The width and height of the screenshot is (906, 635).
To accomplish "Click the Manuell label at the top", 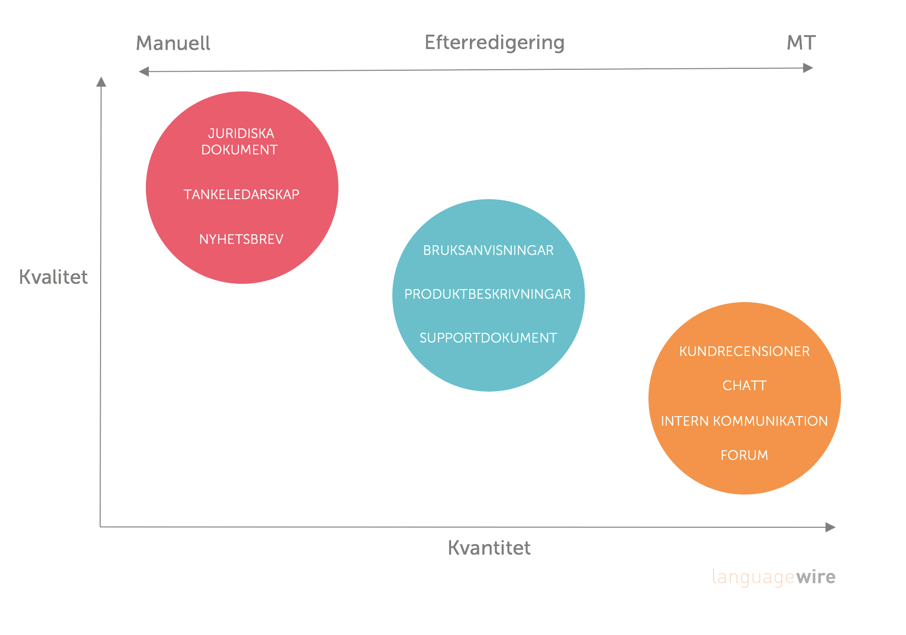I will click(173, 43).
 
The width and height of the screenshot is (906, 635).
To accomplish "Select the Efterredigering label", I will click(494, 43).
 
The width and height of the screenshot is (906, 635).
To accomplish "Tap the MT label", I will click(801, 43).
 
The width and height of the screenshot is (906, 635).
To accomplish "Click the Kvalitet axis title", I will click(53, 277).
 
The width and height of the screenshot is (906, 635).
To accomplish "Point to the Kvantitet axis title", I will click(489, 548).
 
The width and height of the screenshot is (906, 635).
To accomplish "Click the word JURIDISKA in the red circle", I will click(241, 133).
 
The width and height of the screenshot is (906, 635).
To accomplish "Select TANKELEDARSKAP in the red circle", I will click(241, 194).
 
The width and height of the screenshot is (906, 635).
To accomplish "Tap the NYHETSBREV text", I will click(241, 239).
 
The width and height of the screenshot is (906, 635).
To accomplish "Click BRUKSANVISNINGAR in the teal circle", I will click(488, 250).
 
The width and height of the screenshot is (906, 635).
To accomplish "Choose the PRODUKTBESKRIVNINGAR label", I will click(488, 294).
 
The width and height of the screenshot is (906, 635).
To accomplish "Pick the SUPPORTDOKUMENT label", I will click(488, 338).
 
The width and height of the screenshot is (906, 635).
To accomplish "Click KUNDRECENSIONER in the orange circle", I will click(744, 351).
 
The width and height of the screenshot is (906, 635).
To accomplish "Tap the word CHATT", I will click(744, 385).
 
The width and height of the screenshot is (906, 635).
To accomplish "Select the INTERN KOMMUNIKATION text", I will click(744, 421).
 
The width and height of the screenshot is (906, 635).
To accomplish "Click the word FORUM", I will click(744, 455).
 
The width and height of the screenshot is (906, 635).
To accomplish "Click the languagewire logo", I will click(774, 577).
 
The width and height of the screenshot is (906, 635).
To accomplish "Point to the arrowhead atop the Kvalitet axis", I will click(101, 82).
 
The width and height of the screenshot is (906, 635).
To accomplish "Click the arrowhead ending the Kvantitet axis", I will click(830, 527).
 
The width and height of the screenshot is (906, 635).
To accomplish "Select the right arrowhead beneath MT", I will click(808, 68).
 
